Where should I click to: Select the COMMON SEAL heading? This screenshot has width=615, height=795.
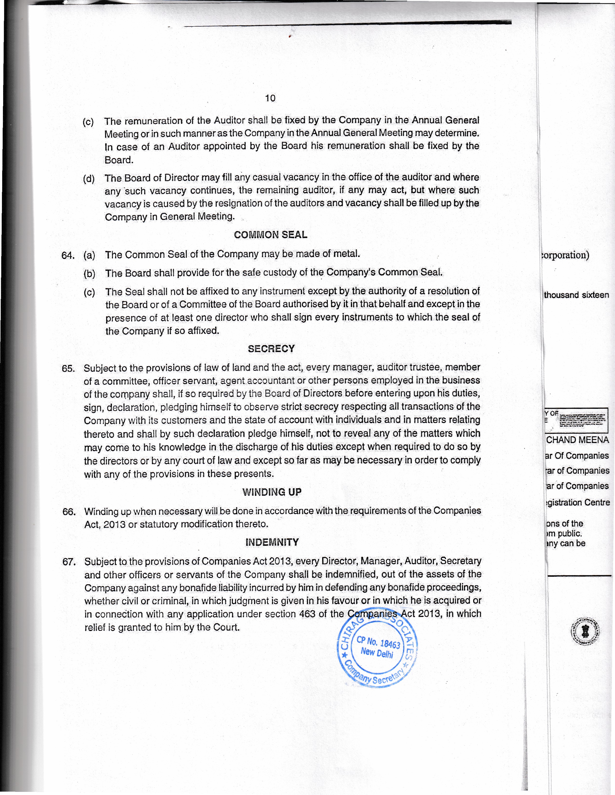click(x=270, y=235)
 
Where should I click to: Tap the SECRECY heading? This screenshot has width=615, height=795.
click(x=271, y=349)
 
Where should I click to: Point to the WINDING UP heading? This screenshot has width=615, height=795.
click(x=272, y=492)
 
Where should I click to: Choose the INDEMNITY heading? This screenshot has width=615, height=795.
click(x=272, y=542)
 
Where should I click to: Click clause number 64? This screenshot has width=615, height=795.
click(x=68, y=256)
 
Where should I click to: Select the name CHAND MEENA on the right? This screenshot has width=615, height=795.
click(x=577, y=440)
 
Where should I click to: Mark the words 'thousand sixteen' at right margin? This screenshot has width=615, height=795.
click(x=576, y=295)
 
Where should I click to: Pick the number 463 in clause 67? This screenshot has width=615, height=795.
click(x=307, y=614)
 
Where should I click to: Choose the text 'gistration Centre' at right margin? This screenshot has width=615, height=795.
click(x=577, y=503)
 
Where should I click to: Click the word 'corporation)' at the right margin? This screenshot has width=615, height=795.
click(x=566, y=255)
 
